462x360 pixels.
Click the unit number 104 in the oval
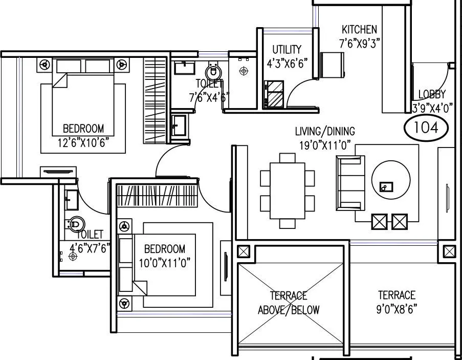pyautogui.click(x=426, y=127)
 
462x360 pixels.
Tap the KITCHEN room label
pyautogui.click(x=359, y=30)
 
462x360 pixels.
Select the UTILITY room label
pyautogui.click(x=287, y=50)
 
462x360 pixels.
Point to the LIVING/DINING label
pyautogui.click(x=325, y=132)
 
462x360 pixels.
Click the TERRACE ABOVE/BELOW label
pyautogui.click(x=289, y=303)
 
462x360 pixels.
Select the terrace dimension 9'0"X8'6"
pyautogui.click(x=397, y=309)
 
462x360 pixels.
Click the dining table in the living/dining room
pyautogui.click(x=287, y=190)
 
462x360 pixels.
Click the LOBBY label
pyautogui.click(x=432, y=94)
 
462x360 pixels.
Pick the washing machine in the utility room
pyautogui.click(x=275, y=94)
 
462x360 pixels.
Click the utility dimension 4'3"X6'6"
pyautogui.click(x=287, y=63)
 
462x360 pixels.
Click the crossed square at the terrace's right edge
pyautogui.click(x=449, y=251)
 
